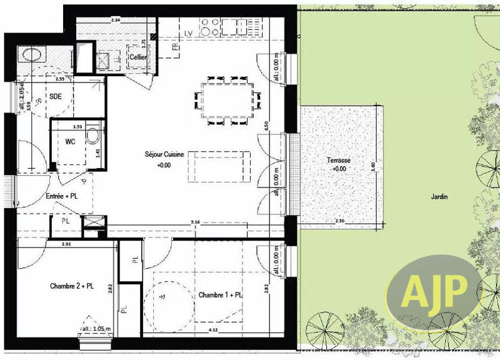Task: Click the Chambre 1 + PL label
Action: (x=222, y=294)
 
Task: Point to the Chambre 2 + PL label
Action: (x=72, y=286)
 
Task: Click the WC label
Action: (x=71, y=141)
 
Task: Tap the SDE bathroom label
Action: (x=56, y=97)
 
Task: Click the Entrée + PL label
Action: (x=62, y=196)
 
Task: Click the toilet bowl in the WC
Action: (x=92, y=136)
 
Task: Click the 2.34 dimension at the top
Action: (x=115, y=21)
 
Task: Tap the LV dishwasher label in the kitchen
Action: (x=188, y=32)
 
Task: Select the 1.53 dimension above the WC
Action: (x=78, y=126)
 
